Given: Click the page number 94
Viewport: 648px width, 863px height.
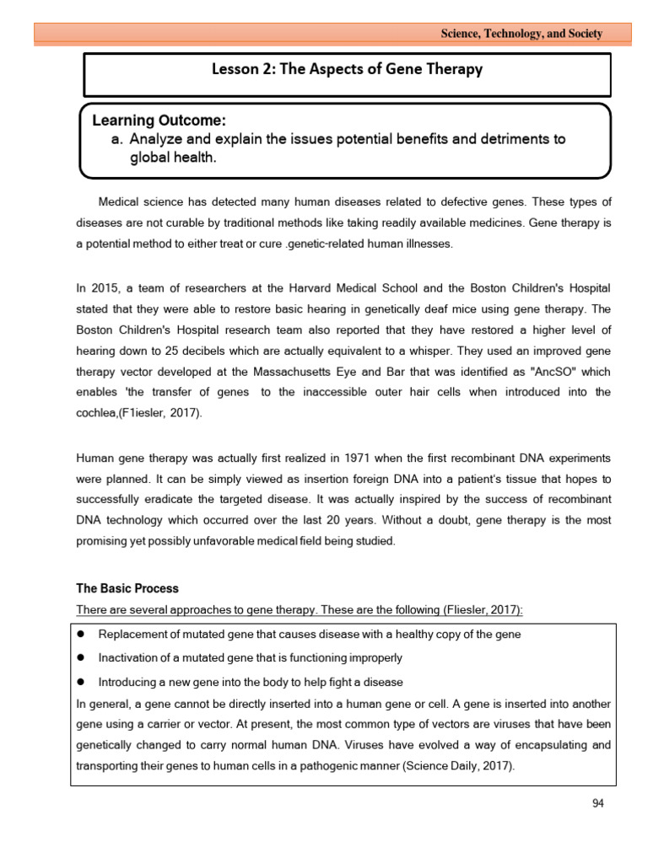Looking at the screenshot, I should tap(598, 803).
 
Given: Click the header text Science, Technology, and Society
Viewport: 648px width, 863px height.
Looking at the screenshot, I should tap(522, 34).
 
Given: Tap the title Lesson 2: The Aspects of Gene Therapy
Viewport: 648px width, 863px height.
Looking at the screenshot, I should tap(347, 69).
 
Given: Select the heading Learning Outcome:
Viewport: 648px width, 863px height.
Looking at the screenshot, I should tap(159, 121).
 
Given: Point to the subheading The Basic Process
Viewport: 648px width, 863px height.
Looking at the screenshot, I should tap(127, 588).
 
